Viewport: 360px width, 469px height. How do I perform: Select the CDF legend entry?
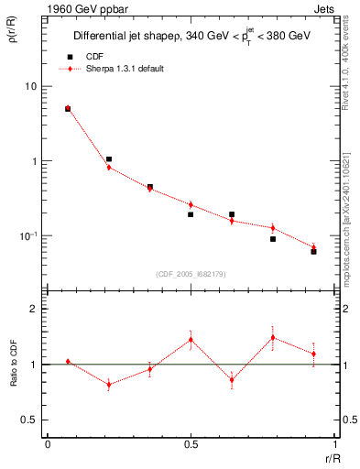click(90, 57)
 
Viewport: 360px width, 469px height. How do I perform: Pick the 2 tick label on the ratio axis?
click(34, 310)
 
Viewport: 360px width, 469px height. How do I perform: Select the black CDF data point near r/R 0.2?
click(109, 159)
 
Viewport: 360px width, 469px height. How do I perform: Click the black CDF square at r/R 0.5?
click(191, 214)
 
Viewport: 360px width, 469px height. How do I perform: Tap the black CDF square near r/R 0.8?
click(273, 239)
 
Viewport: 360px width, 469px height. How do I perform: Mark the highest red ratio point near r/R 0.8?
click(273, 337)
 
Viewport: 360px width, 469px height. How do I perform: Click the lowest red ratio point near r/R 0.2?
click(109, 385)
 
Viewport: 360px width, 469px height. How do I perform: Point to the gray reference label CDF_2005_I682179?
click(190, 272)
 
